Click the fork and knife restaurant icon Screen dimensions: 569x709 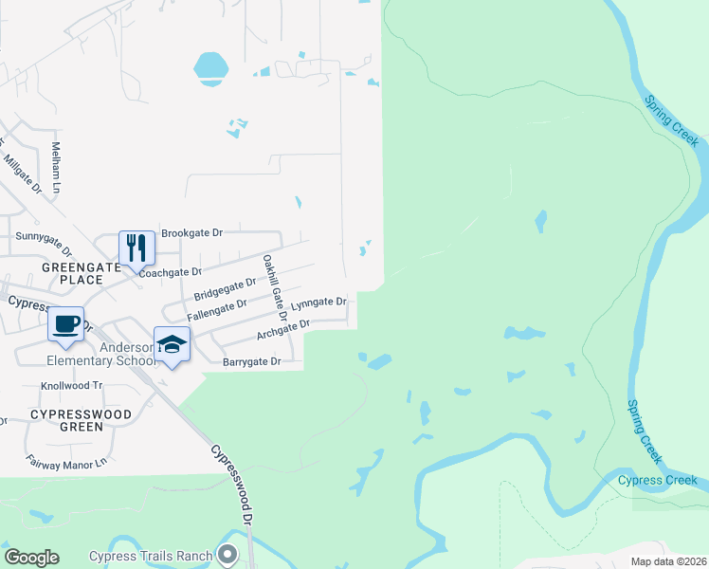136,248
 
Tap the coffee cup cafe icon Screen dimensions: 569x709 66,324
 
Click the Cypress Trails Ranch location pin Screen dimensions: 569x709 226,554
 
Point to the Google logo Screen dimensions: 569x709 31,558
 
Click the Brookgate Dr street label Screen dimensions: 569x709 191,232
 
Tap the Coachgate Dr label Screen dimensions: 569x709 171,272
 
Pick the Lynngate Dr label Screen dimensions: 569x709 319,303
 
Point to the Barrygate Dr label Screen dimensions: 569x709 252,361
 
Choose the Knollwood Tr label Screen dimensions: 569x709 71,386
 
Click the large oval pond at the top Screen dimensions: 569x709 210,67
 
